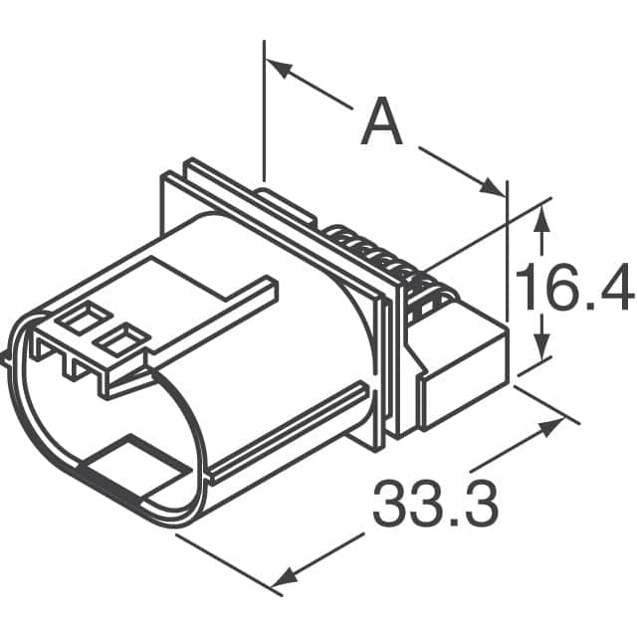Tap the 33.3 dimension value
click(435, 504)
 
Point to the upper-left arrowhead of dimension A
click(278, 68)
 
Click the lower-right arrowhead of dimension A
click(494, 187)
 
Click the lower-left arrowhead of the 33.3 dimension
click(286, 576)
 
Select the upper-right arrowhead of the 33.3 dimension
click(550, 428)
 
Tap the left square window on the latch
click(76, 319)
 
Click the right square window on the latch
click(115, 341)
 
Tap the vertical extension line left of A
click(265, 109)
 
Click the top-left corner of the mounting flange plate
click(165, 175)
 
